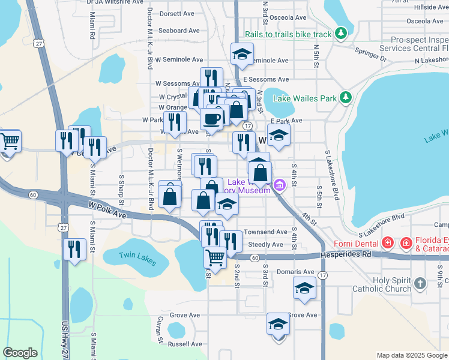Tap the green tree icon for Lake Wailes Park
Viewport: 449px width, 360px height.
point(346,97)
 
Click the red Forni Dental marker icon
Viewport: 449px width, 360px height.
point(389,243)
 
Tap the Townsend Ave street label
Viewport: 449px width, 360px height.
point(267,232)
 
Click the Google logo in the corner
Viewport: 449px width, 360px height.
point(20,353)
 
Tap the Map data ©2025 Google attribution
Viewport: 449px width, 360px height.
point(411,355)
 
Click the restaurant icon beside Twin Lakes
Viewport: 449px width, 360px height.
point(74,248)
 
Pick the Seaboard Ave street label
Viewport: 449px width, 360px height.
point(179,30)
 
